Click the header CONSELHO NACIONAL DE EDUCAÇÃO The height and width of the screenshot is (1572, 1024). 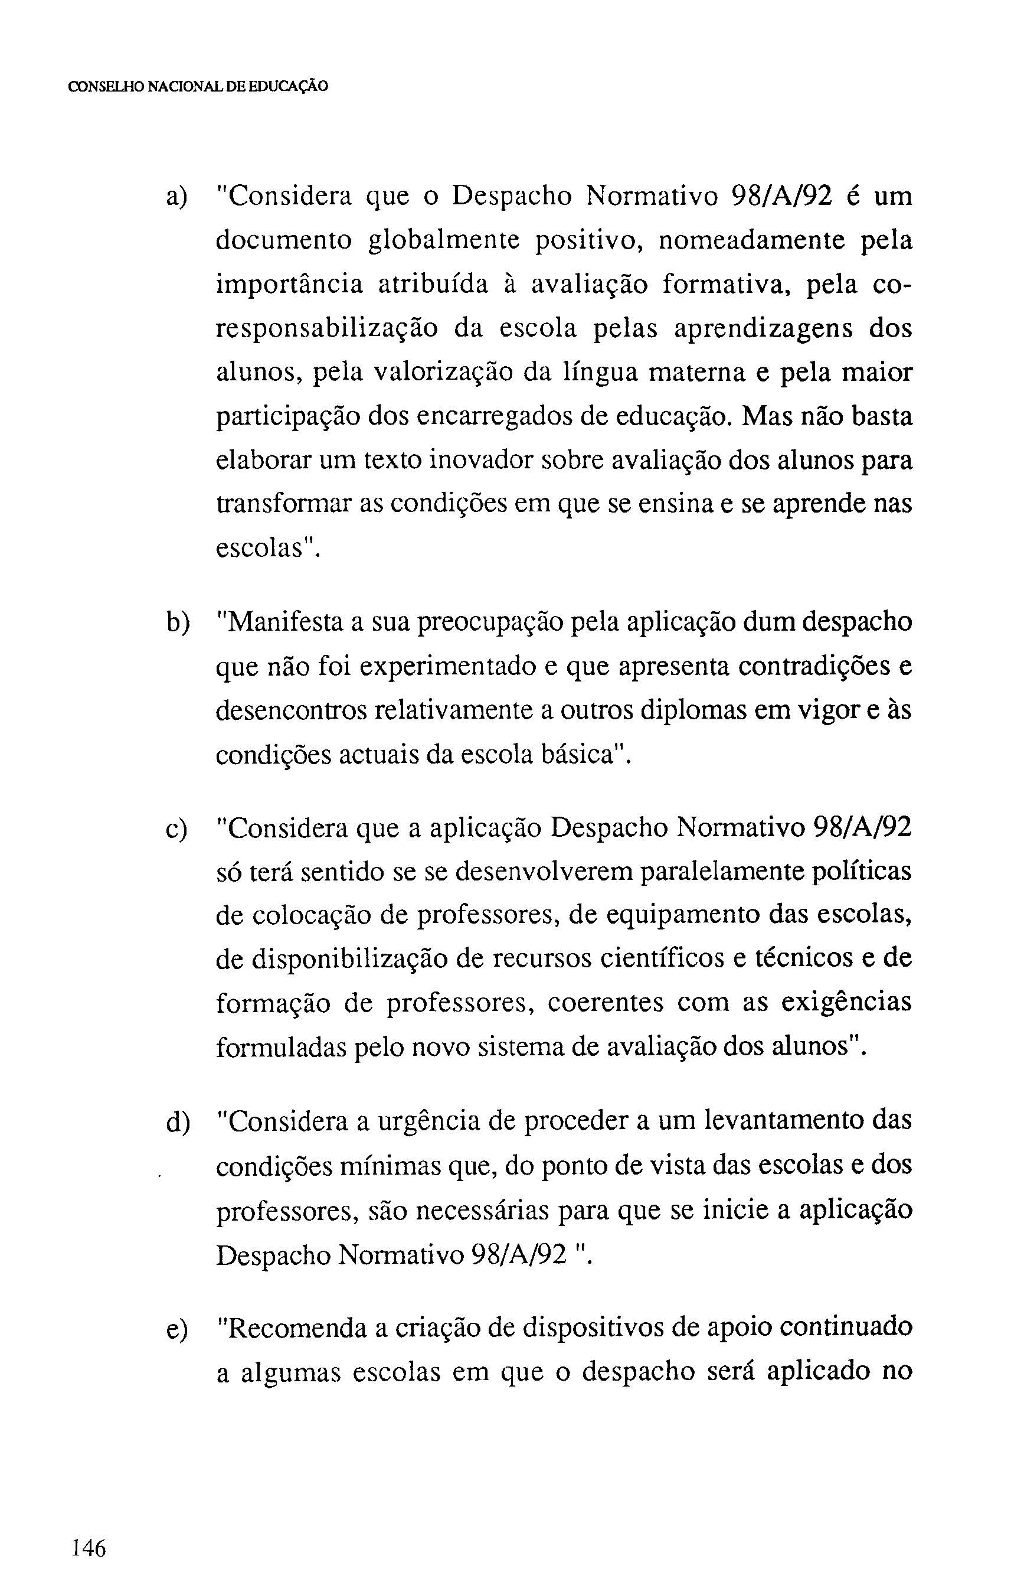point(198,87)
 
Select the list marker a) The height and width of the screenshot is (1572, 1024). point(177,197)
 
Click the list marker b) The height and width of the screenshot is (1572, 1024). point(177,623)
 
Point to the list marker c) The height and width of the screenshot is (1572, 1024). point(177,829)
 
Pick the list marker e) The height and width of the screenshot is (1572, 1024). point(177,1328)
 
